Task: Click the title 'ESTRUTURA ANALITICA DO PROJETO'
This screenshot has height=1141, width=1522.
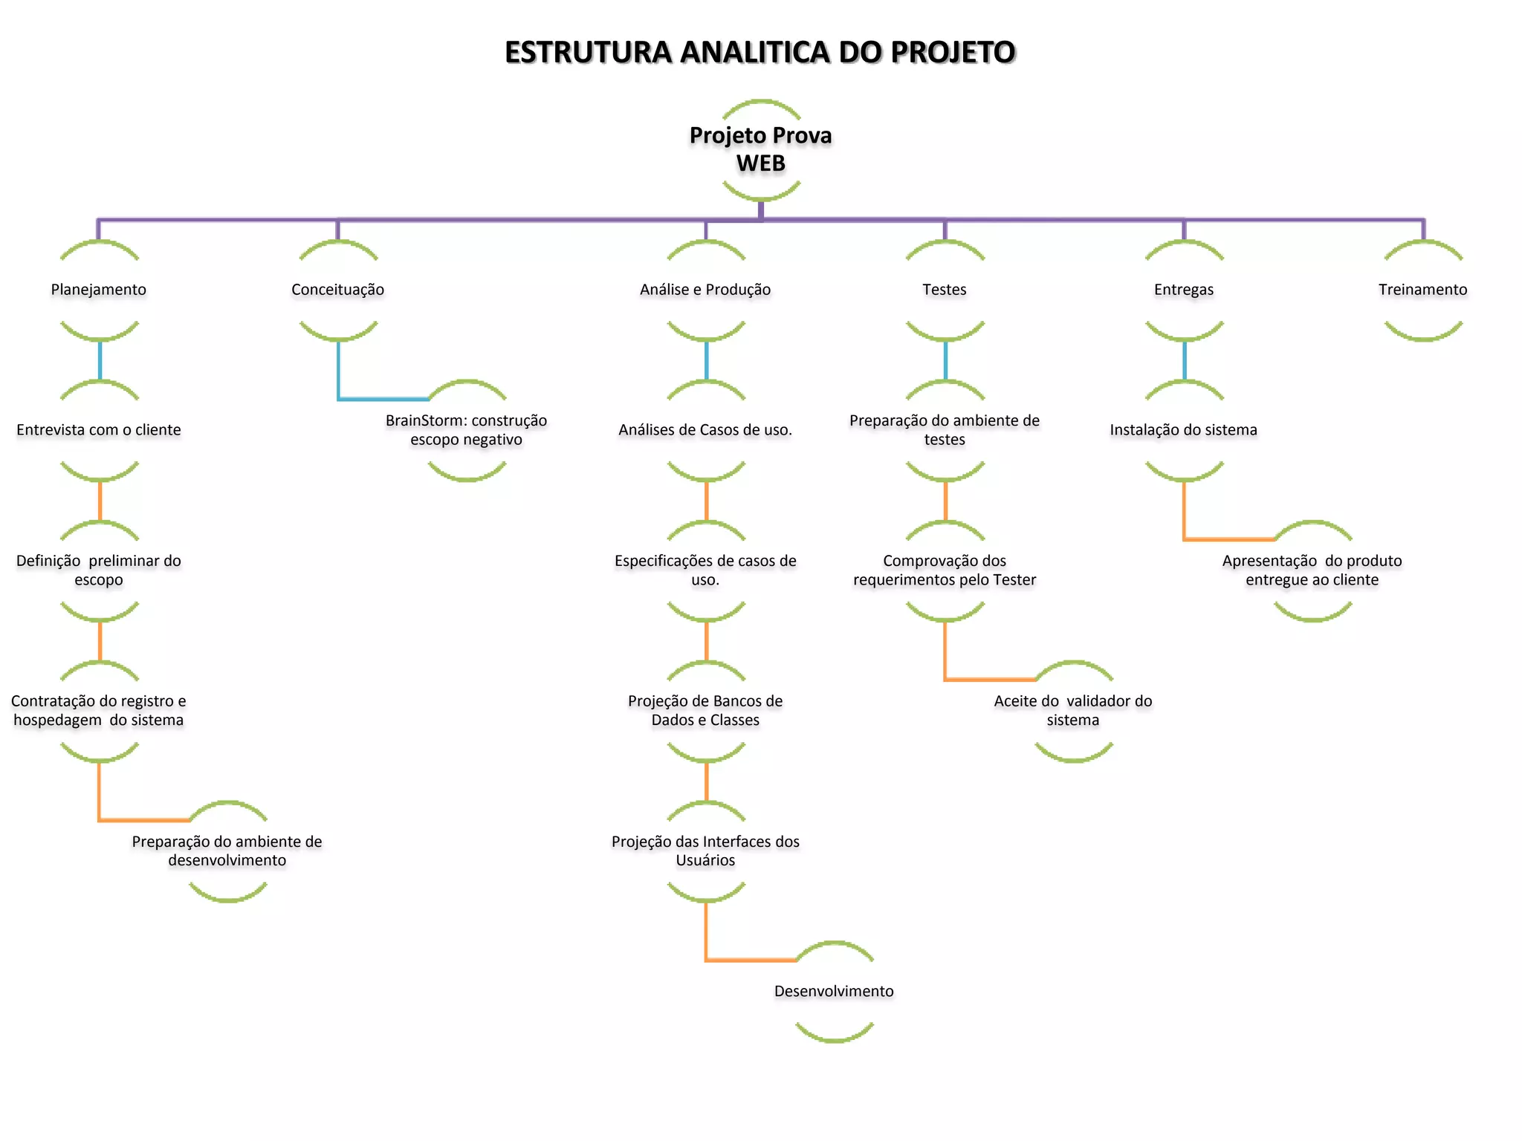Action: (x=760, y=52)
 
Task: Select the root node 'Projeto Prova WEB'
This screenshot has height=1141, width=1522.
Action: (x=760, y=149)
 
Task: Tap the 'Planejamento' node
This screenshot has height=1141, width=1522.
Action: (x=99, y=290)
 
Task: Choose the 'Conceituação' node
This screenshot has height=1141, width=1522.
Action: (x=338, y=290)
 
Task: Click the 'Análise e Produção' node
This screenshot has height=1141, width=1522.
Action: (x=705, y=290)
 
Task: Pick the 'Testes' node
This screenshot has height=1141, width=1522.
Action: (x=945, y=290)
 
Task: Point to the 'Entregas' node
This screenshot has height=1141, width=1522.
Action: (x=1184, y=290)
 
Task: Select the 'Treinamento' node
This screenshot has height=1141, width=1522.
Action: (x=1423, y=290)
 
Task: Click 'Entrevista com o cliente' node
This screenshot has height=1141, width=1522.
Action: (x=99, y=430)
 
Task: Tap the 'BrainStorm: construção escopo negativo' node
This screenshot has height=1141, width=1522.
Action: (x=467, y=430)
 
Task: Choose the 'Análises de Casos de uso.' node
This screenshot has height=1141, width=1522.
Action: (x=705, y=430)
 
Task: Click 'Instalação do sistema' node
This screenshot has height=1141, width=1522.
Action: (x=1184, y=430)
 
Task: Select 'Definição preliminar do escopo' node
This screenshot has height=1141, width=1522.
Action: (x=99, y=570)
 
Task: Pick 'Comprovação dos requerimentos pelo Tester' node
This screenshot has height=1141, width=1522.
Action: (x=945, y=570)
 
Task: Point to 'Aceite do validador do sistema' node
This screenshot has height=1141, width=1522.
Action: (x=1073, y=711)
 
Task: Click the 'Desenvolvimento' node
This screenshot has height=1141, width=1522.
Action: (x=834, y=992)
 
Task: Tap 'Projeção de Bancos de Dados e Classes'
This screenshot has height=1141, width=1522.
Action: (x=705, y=711)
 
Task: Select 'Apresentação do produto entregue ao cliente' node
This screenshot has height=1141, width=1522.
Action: (x=1312, y=570)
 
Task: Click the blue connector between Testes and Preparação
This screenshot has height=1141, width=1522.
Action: (x=945, y=360)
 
